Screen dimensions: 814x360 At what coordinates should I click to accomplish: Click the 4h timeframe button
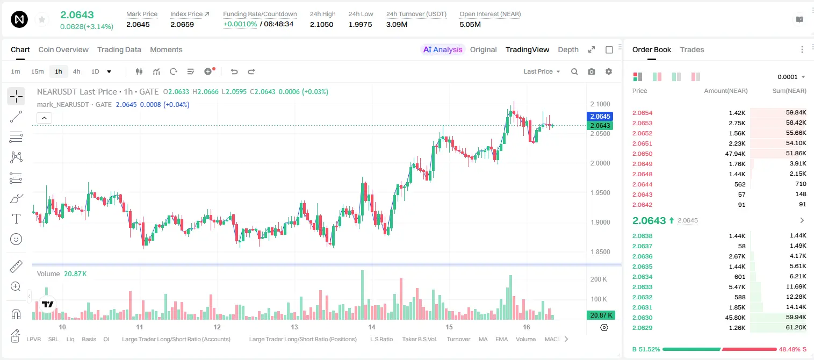[76, 71]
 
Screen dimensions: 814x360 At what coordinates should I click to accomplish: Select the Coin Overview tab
[63, 49]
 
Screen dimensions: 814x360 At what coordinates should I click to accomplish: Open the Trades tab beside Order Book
[691, 49]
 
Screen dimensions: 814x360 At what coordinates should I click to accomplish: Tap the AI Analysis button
[443, 49]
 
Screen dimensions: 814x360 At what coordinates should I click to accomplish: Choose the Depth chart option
[568, 49]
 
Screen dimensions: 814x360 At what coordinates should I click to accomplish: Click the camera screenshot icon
[591, 71]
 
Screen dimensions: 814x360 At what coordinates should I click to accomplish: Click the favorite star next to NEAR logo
[42, 19]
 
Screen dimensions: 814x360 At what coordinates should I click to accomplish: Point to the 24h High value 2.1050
[321, 24]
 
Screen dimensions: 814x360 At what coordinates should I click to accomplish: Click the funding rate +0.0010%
[240, 24]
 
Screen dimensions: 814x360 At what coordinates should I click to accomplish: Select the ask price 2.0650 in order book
[642, 154]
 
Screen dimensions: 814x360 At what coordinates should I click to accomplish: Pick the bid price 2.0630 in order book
[642, 318]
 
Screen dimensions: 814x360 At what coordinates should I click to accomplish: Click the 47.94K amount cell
[735, 154]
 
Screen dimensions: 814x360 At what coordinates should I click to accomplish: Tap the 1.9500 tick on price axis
[600, 192]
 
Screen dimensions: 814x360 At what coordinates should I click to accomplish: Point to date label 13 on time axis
[294, 327]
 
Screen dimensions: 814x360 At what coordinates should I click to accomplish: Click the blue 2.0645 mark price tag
[600, 116]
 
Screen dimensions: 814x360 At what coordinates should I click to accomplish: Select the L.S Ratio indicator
[381, 339]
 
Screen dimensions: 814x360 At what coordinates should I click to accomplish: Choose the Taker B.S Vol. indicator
[419, 339]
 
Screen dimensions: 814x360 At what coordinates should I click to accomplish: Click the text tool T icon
[16, 219]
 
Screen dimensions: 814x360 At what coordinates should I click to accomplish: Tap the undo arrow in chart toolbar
[234, 71]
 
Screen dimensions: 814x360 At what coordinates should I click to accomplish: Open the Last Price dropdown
[542, 71]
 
